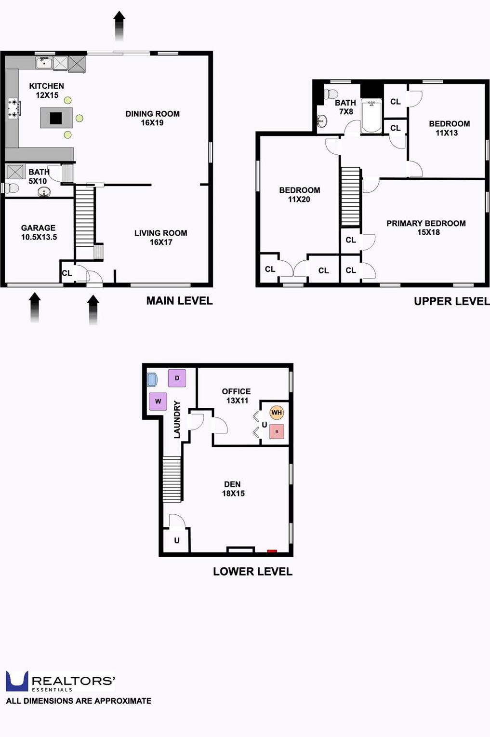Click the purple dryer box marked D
click(x=177, y=378)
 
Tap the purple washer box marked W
click(x=158, y=401)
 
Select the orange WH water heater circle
click(x=277, y=413)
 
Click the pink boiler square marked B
click(x=277, y=431)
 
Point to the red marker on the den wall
click(x=272, y=550)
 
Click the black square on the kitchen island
click(x=56, y=118)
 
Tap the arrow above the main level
click(x=119, y=26)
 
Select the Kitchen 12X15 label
click(x=47, y=91)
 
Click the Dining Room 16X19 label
click(x=152, y=118)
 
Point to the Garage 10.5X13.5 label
click(x=39, y=232)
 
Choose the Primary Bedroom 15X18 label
click(x=426, y=228)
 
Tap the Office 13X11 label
click(x=237, y=396)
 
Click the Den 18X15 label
click(x=233, y=489)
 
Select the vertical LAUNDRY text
click(x=177, y=419)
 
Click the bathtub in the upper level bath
click(x=371, y=116)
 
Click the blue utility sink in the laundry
click(x=152, y=380)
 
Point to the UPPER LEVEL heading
click(x=451, y=301)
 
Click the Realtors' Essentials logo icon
click(x=17, y=681)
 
